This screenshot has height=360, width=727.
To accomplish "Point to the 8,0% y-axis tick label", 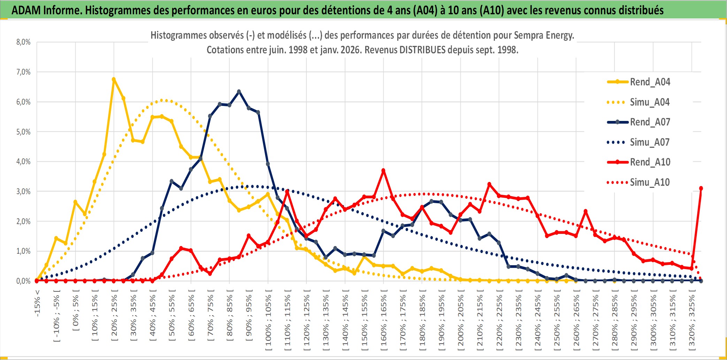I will pyautogui.click(x=23, y=42).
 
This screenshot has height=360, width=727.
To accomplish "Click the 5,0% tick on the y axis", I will pyautogui.click(x=23, y=132).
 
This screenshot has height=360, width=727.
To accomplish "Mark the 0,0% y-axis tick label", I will pyautogui.click(x=23, y=281).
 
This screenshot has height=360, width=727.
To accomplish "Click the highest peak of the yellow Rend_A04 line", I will pyautogui.click(x=114, y=79).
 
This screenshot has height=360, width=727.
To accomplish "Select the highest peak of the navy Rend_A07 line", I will pyautogui.click(x=239, y=92).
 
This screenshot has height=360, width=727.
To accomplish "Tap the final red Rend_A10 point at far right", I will pyautogui.click(x=701, y=189).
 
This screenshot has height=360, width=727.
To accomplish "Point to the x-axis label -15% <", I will pyautogui.click(x=37, y=303).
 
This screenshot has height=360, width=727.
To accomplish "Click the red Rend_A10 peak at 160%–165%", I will pyautogui.click(x=383, y=171).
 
